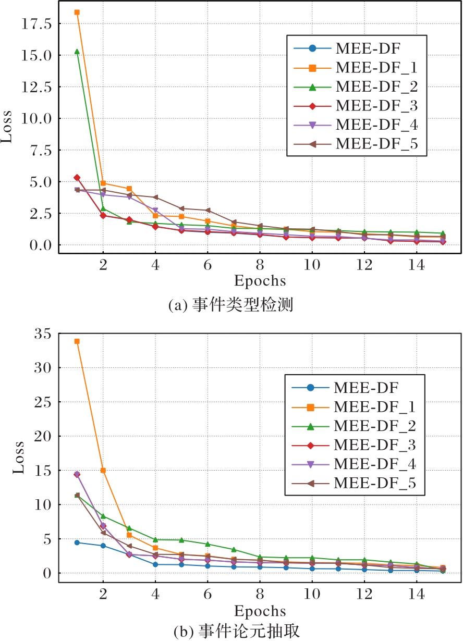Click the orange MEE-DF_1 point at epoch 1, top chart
[77, 12]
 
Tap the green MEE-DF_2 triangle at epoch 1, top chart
[77, 52]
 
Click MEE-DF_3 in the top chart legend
[376, 106]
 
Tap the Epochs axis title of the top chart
[260, 281]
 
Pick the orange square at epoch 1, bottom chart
[77, 341]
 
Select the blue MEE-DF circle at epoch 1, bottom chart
[77, 543]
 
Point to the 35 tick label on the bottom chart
[41, 334]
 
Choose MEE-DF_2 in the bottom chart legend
[374, 426]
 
